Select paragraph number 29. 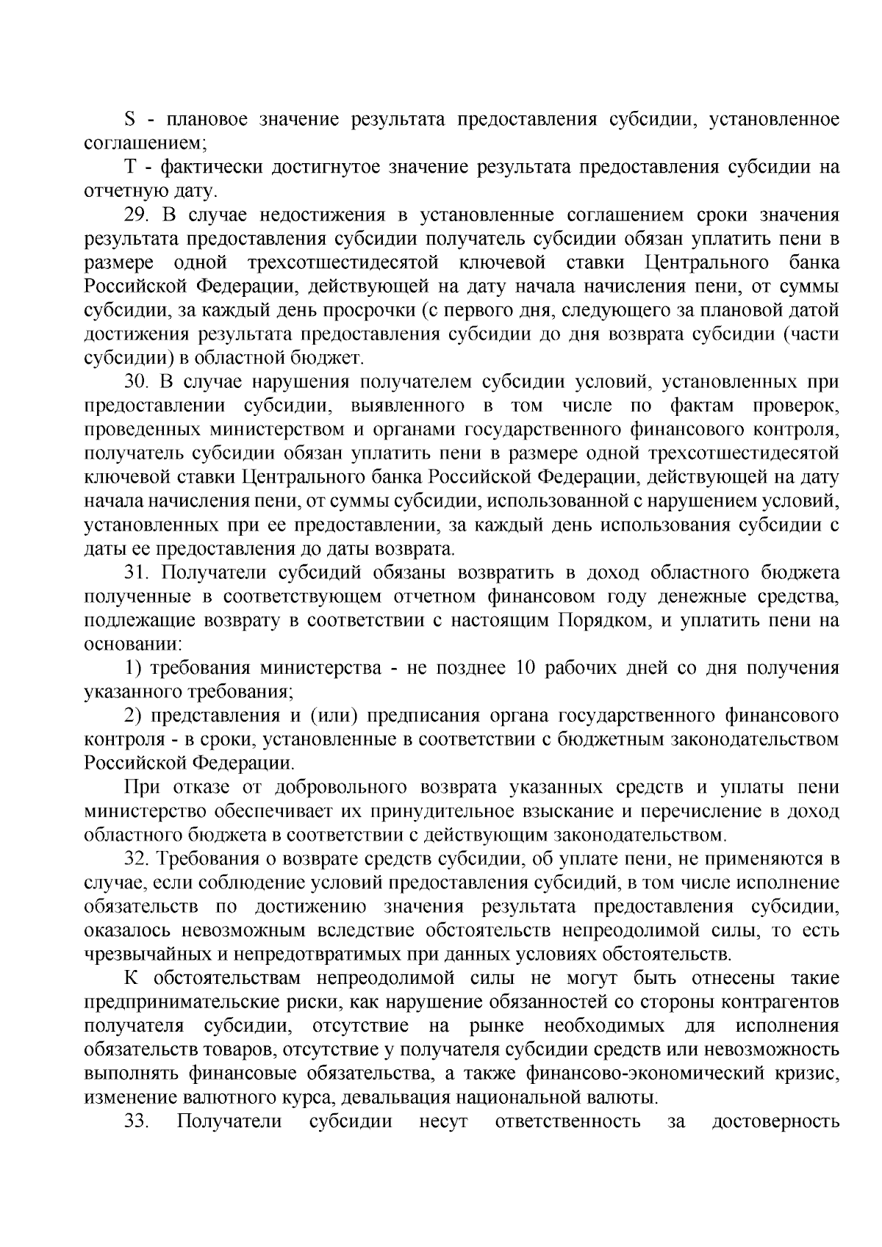coord(137,215)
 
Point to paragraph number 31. coord(137,573)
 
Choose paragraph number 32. coord(137,858)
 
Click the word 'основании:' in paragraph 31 coord(133,644)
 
